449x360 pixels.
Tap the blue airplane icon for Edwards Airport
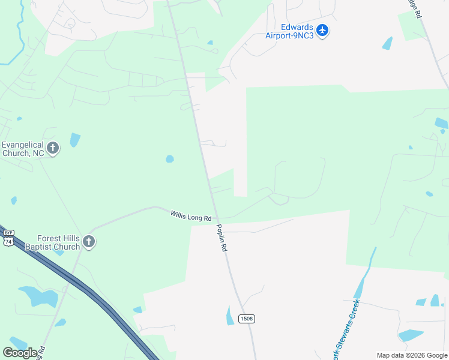(x=322, y=30)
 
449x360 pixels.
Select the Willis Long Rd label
(x=191, y=215)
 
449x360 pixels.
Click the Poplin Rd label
(x=221, y=237)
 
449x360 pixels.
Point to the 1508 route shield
(x=246, y=318)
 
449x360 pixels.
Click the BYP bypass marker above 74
(x=8, y=233)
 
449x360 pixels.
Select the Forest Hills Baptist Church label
(x=50, y=242)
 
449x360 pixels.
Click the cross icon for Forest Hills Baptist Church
(x=89, y=242)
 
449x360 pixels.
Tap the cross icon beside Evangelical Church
(x=53, y=148)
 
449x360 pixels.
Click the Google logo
(x=20, y=352)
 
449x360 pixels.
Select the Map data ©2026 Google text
(x=412, y=355)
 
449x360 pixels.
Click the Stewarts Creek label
(x=345, y=330)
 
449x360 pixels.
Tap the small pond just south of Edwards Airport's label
(x=209, y=43)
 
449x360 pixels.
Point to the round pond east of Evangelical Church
(x=170, y=159)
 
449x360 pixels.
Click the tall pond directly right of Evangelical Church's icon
(x=74, y=140)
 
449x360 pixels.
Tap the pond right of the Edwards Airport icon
(x=387, y=43)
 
